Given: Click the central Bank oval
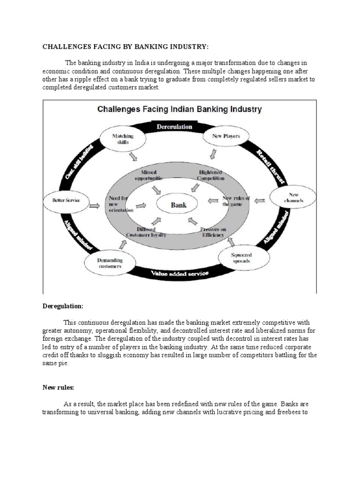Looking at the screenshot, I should click(179, 205).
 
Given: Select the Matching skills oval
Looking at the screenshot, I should click(123, 139).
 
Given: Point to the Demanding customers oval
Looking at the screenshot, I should click(110, 263).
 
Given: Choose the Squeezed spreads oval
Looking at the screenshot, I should click(241, 258).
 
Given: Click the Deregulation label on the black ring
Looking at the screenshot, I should click(174, 127).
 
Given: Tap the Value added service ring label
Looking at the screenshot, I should click(180, 273).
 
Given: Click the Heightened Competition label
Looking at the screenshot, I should click(211, 175).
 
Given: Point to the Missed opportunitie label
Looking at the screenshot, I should click(148, 175).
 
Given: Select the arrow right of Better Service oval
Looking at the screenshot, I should click(94, 205).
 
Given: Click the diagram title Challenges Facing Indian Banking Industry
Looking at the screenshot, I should click(180, 109).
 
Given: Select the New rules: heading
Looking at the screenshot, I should click(59, 388).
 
